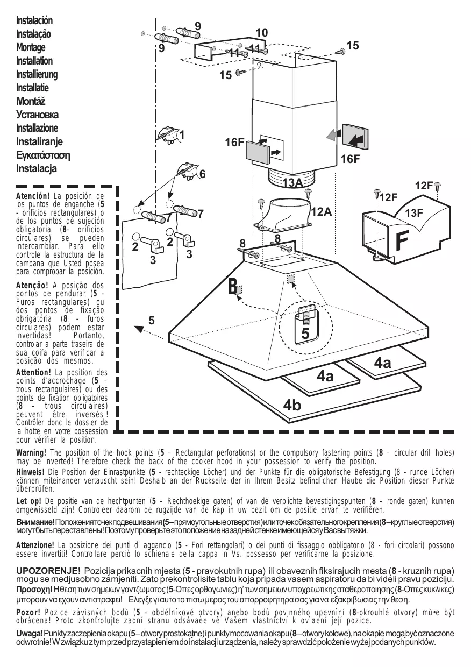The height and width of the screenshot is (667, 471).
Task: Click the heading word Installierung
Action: coord(37,74)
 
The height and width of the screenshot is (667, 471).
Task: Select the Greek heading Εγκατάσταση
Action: coord(44,155)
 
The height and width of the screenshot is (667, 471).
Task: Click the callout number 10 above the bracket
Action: coord(262,33)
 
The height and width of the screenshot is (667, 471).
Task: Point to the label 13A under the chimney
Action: coord(292,183)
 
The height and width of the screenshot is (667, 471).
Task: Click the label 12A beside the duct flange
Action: coord(320,212)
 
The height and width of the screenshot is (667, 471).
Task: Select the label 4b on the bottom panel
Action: coord(292,405)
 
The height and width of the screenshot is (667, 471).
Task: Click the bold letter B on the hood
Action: coord(232,287)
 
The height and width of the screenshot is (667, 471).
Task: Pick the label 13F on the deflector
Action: coord(414,213)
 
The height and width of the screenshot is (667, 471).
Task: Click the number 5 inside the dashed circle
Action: coord(305,334)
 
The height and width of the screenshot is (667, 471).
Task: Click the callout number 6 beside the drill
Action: coord(202,174)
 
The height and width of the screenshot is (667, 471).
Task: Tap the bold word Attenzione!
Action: coord(35,544)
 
